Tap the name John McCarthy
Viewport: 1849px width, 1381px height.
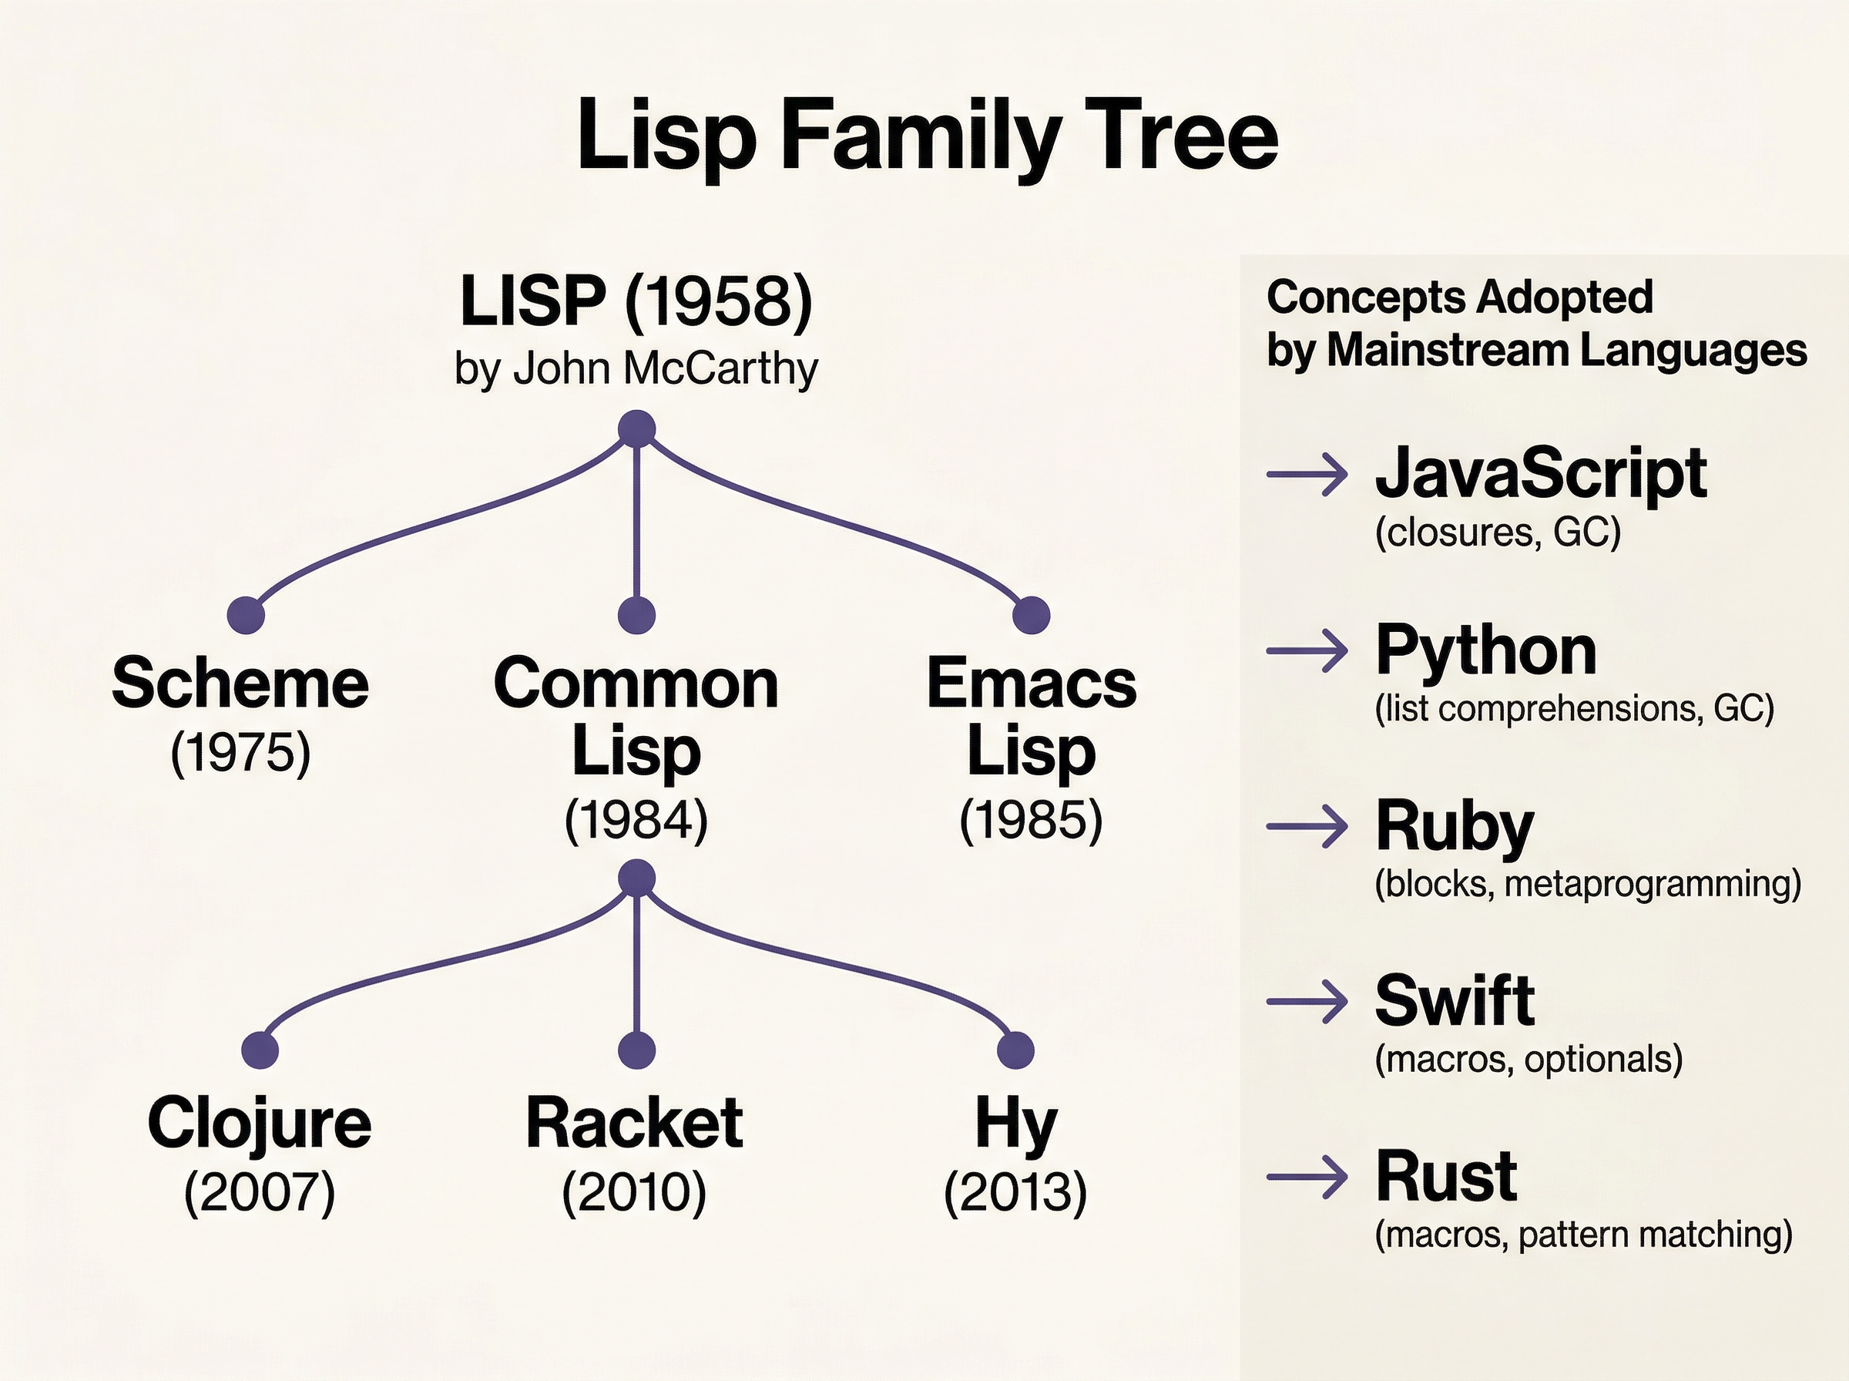coord(665,368)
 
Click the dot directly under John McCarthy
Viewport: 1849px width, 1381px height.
coord(636,430)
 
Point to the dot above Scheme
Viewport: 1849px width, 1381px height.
coord(246,615)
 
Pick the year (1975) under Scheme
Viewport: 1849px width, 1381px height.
coord(240,753)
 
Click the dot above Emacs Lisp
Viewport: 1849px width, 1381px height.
coord(1030,615)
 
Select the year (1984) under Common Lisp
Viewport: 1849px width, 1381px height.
coord(636,820)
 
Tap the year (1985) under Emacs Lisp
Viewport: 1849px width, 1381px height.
coord(1031,820)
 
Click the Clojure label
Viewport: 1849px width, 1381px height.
coord(259,1123)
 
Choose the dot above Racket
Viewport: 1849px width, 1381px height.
coord(636,1050)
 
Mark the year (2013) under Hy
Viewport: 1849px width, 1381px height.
coord(1015,1192)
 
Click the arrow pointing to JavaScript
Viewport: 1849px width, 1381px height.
coord(1307,475)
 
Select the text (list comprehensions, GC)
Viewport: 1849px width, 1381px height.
coord(1574,709)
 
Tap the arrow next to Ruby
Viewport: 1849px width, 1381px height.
coord(1307,827)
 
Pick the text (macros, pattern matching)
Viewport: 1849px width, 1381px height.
coord(1583,1235)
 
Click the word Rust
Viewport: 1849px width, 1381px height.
coord(1445,1176)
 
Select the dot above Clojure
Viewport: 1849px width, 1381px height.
coord(260,1050)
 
